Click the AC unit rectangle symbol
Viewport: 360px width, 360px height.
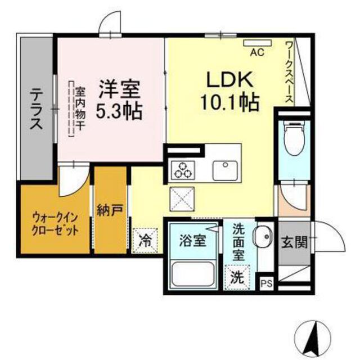tap(258, 43)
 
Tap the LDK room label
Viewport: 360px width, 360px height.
tap(230, 79)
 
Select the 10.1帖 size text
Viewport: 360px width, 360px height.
tap(230, 102)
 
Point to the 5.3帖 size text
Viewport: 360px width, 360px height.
tap(119, 111)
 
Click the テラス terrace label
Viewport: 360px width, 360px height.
tap(37, 109)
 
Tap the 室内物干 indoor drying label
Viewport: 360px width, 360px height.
tap(80, 109)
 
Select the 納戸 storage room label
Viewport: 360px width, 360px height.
tap(110, 210)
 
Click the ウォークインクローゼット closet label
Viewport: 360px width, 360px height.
tap(55, 224)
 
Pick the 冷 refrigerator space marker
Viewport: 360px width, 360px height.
tap(145, 241)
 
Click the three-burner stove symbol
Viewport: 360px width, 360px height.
tap(183, 170)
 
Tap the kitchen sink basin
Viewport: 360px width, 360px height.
tap(225, 170)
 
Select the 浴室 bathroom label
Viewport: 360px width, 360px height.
tap(192, 240)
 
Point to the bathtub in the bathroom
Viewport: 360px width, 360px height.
tap(193, 274)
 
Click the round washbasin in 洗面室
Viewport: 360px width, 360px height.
tap(263, 236)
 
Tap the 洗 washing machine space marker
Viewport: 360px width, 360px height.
tap(237, 277)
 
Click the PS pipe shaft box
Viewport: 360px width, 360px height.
tap(267, 283)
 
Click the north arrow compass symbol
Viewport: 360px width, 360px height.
tap(313, 337)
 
